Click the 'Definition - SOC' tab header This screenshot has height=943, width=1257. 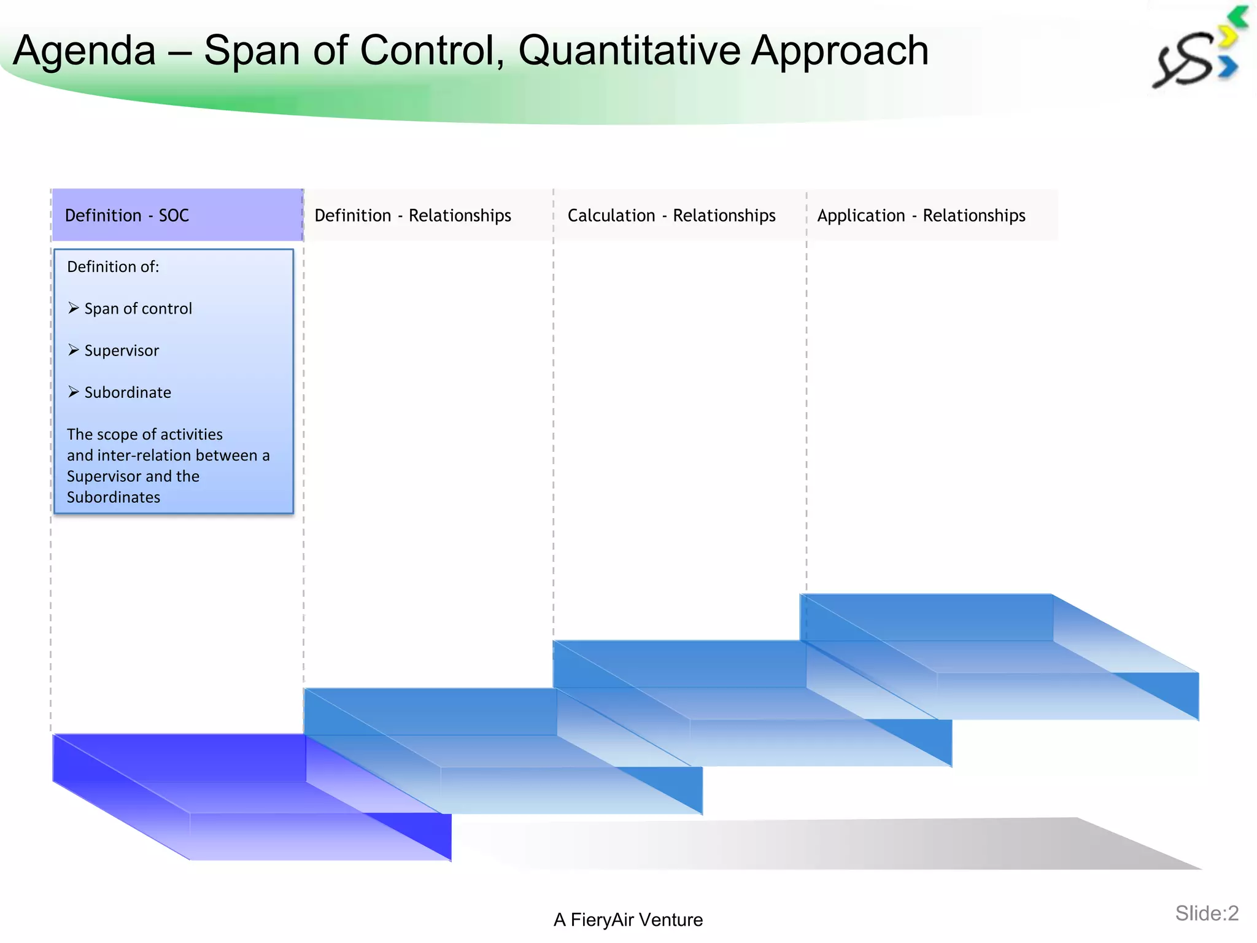pyautogui.click(x=126, y=215)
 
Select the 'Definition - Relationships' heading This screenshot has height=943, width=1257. pyautogui.click(x=412, y=215)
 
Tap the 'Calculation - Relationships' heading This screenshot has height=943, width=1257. pyautogui.click(x=671, y=215)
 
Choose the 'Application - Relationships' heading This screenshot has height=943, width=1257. pyautogui.click(x=921, y=215)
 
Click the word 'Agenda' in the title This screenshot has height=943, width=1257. pyautogui.click(x=85, y=50)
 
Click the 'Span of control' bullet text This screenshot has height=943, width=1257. pyautogui.click(x=138, y=309)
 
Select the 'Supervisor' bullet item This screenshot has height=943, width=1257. pyautogui.click(x=122, y=351)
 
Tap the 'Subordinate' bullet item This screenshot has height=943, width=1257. pyautogui.click(x=128, y=392)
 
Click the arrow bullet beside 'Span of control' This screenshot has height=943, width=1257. pyautogui.click(x=74, y=308)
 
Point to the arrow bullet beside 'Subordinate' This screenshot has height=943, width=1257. pyautogui.click(x=74, y=392)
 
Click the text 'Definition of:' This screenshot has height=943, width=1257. pyautogui.click(x=113, y=267)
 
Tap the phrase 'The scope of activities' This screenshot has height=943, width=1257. pyautogui.click(x=145, y=435)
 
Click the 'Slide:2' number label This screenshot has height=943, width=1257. pyautogui.click(x=1206, y=914)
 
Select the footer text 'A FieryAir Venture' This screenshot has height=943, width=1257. pyautogui.click(x=628, y=920)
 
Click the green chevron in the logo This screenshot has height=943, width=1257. pyautogui.click(x=1239, y=17)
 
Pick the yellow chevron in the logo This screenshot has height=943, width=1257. pyautogui.click(x=1228, y=37)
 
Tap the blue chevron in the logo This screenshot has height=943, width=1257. pyautogui.click(x=1228, y=67)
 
